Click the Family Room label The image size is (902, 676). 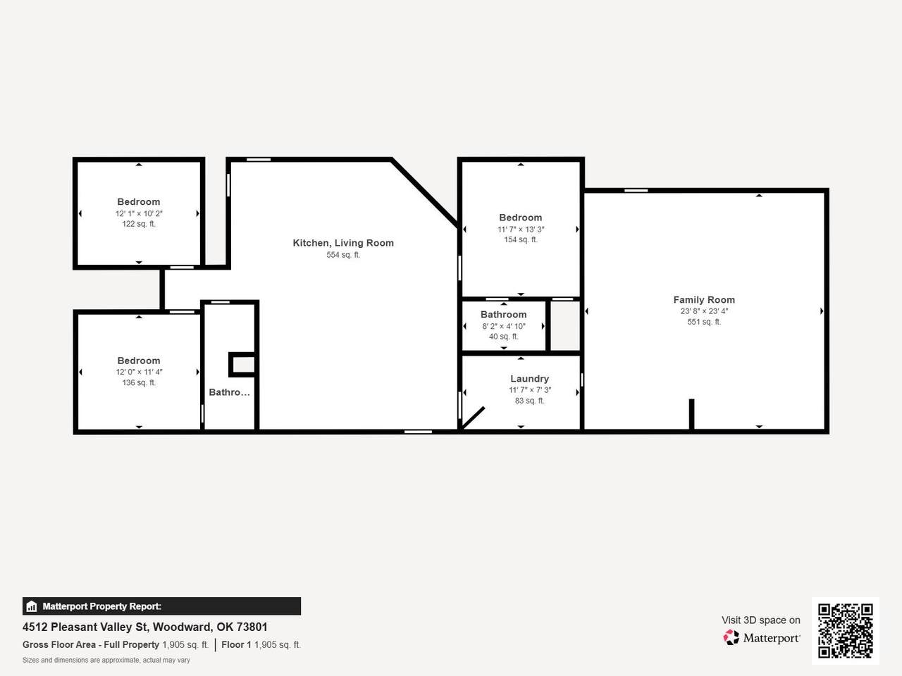[704, 300]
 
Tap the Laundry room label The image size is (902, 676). [529, 379]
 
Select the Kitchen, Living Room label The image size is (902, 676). [343, 243]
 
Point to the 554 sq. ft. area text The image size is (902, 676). [343, 255]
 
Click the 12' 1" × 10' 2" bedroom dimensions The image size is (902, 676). [139, 214]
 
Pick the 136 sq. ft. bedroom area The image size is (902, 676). [139, 382]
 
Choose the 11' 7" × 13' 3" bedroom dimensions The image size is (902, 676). [521, 230]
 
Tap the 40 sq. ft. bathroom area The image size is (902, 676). [503, 337]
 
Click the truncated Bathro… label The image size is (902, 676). [229, 392]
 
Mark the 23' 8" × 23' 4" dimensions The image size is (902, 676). [704, 311]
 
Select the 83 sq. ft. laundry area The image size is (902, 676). [529, 401]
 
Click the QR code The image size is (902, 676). [846, 631]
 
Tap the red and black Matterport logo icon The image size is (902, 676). [731, 637]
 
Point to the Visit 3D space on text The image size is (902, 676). [760, 620]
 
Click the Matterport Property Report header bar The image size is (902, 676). [161, 606]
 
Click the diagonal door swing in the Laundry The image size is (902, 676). [473, 418]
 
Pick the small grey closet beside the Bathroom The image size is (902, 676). [565, 326]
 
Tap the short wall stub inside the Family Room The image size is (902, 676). [691, 415]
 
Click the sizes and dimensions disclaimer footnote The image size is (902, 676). [106, 661]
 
